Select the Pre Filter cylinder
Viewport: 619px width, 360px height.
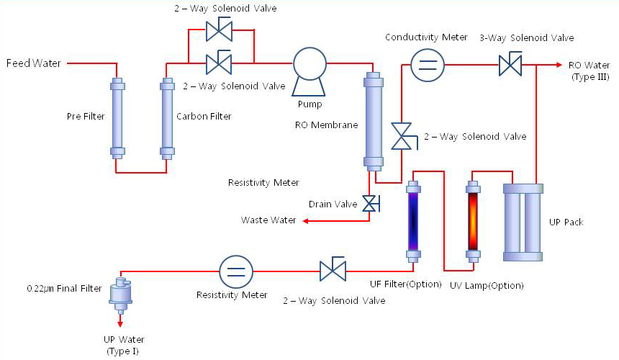coord(117,117)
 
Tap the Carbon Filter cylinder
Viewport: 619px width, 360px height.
coord(167,117)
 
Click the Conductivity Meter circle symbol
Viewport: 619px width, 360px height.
coord(427,65)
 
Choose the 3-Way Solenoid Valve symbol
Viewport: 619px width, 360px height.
coord(510,66)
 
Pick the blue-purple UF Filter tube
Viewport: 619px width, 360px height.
coord(414,218)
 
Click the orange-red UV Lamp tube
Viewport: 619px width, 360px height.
coord(473,218)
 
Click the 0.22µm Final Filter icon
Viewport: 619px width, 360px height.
coord(119,292)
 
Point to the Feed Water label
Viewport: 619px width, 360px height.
coord(33,63)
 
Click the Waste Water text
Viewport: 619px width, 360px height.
coord(268,220)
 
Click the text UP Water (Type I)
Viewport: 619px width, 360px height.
coord(119,345)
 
